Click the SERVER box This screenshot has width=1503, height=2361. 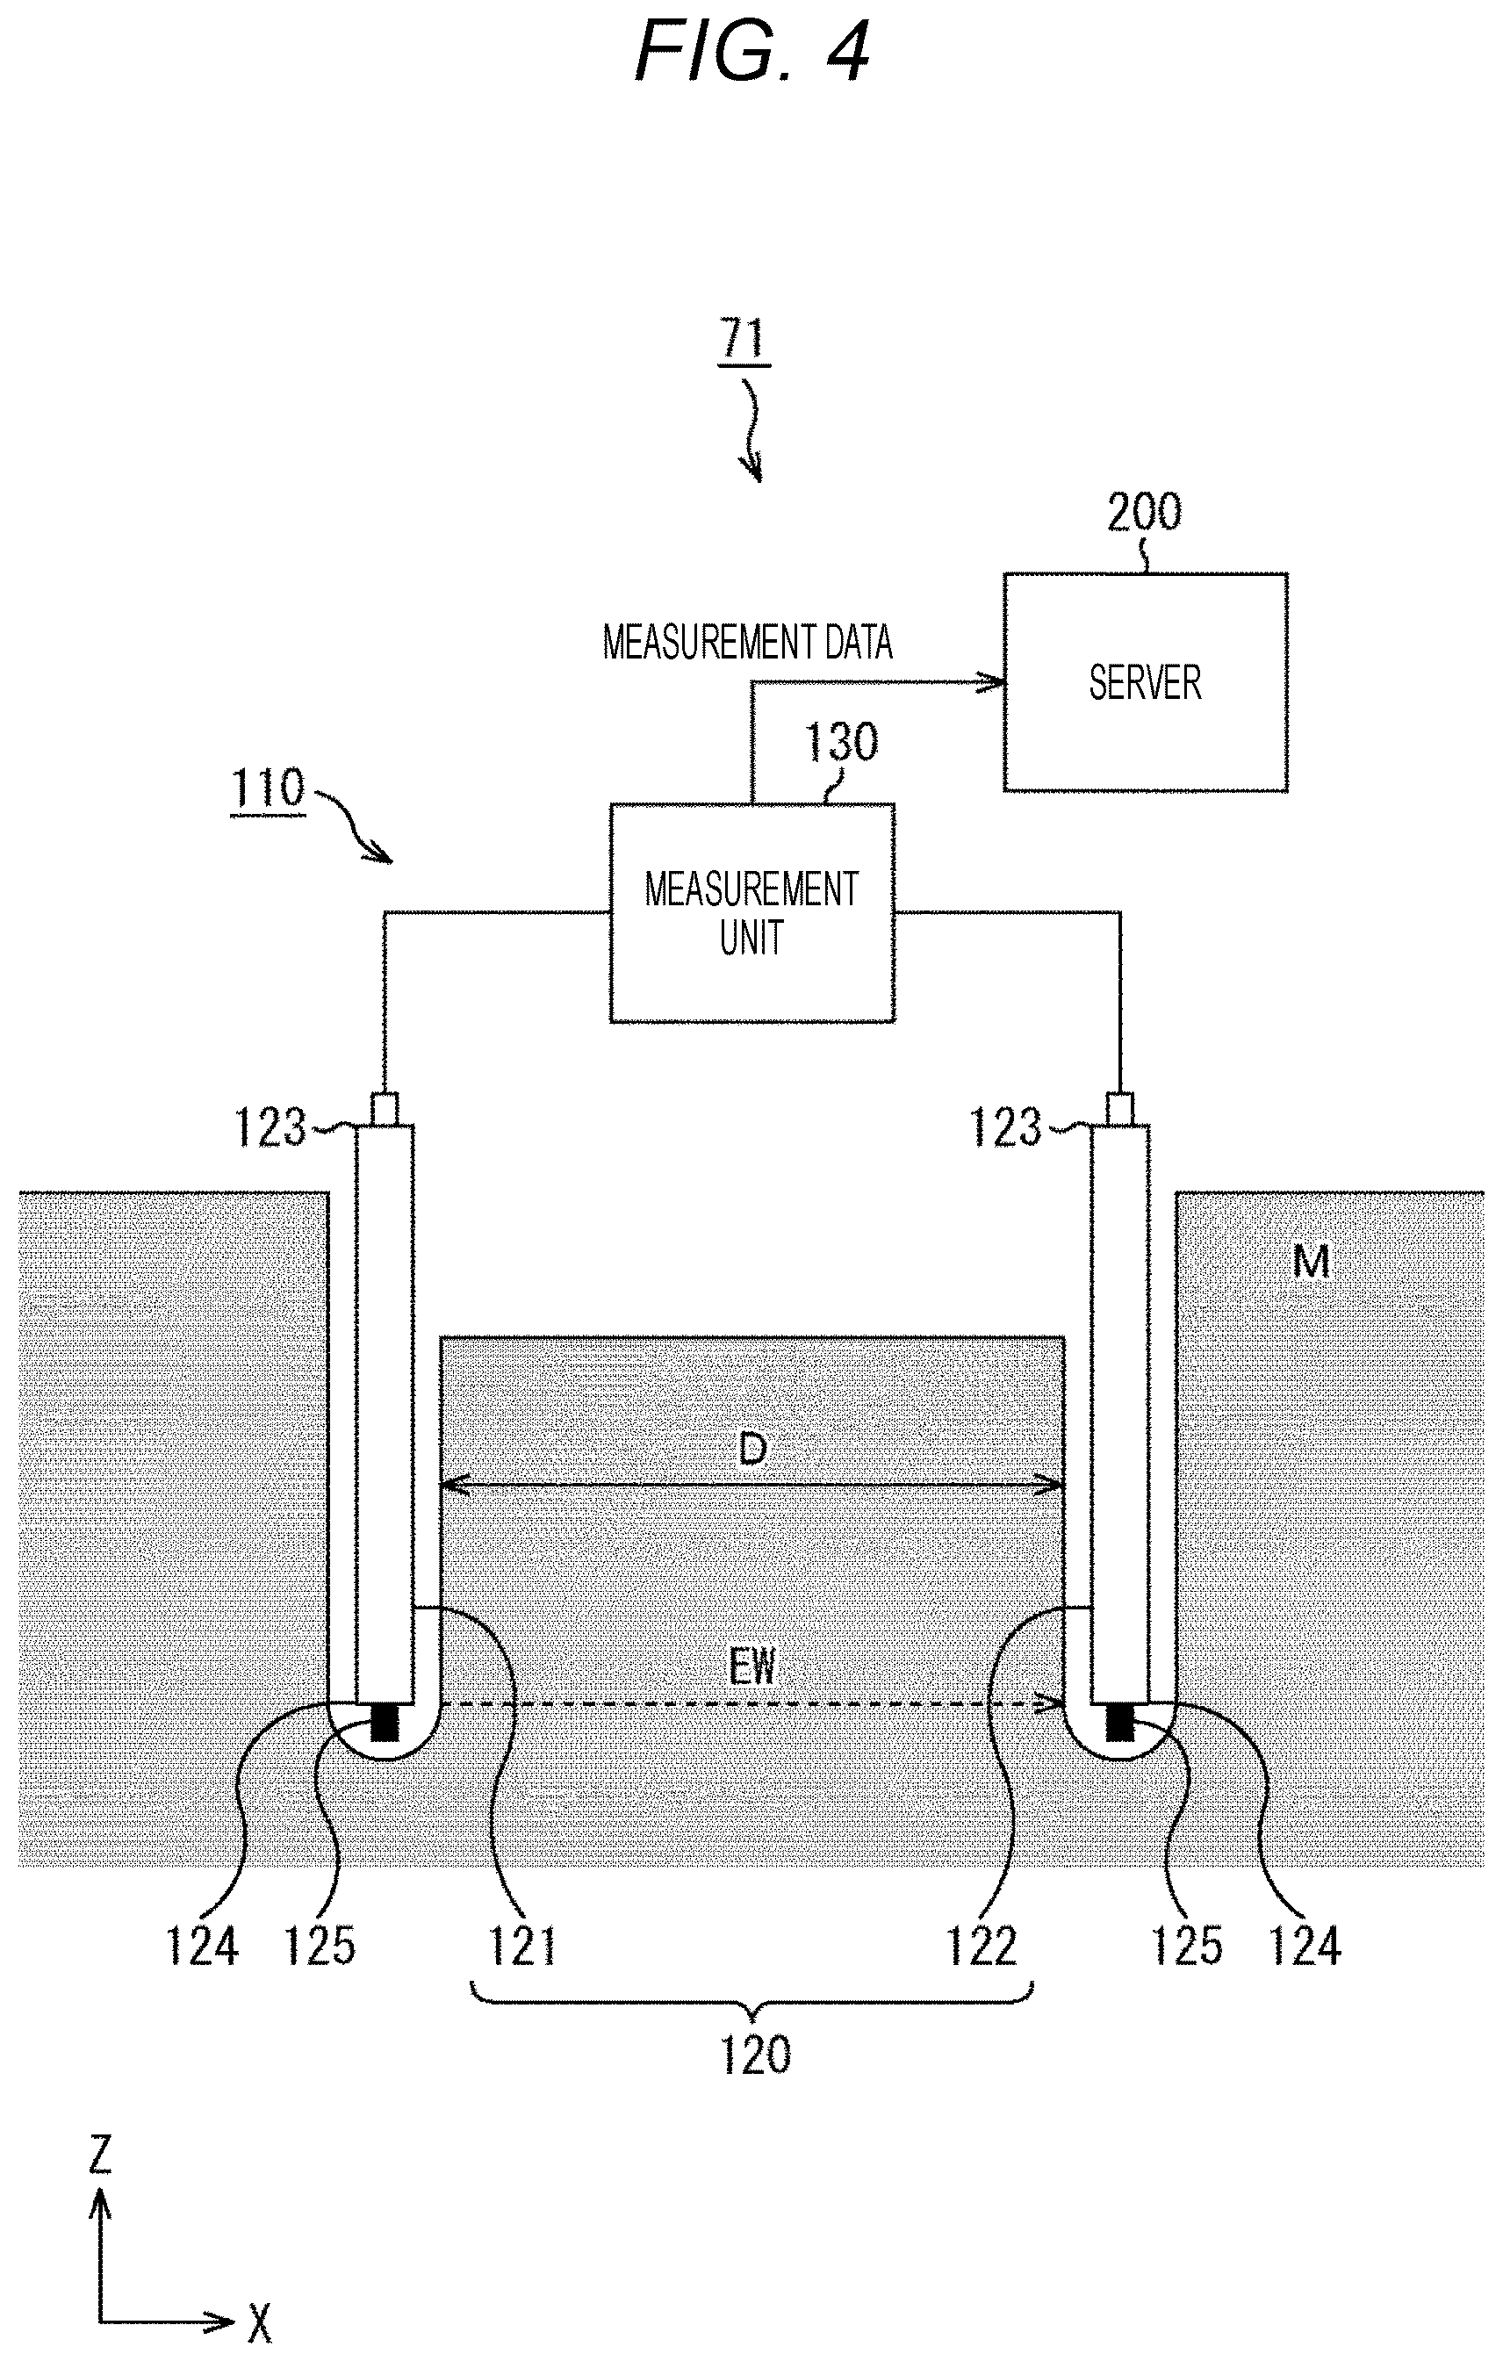click(1145, 682)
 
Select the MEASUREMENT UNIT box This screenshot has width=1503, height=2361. click(752, 913)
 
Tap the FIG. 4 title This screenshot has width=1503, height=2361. click(752, 51)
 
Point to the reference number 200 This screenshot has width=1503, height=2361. click(1144, 512)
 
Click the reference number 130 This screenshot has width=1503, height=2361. click(841, 742)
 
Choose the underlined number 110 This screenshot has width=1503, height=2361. click(268, 788)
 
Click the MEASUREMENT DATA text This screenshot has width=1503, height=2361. click(747, 642)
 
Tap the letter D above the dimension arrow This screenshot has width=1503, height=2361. click(752, 1449)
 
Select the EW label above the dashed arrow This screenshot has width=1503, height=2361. click(752, 1666)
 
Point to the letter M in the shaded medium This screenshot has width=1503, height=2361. click(1311, 1261)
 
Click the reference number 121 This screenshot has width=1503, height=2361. click(522, 1946)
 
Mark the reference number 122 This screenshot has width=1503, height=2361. click(982, 1946)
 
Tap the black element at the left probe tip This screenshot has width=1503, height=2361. click(385, 1723)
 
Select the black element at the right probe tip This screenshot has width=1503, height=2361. click(1119, 1723)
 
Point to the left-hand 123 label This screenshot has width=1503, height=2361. click(270, 1127)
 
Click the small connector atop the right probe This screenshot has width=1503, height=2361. click(1119, 1109)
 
